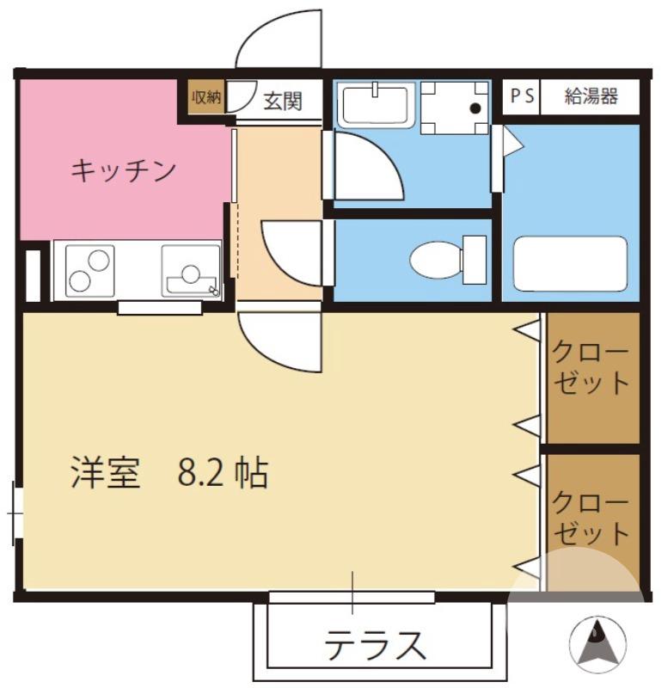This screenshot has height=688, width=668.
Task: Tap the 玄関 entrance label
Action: click(281, 101)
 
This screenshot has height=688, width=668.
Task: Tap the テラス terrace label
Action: click(375, 643)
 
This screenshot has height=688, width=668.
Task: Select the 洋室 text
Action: click(106, 473)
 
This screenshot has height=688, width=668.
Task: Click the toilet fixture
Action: click(446, 259)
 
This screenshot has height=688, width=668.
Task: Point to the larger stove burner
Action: click(99, 259)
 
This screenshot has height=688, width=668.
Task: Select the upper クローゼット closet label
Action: click(591, 367)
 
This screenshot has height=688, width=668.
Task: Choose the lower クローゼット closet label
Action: click(591, 517)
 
